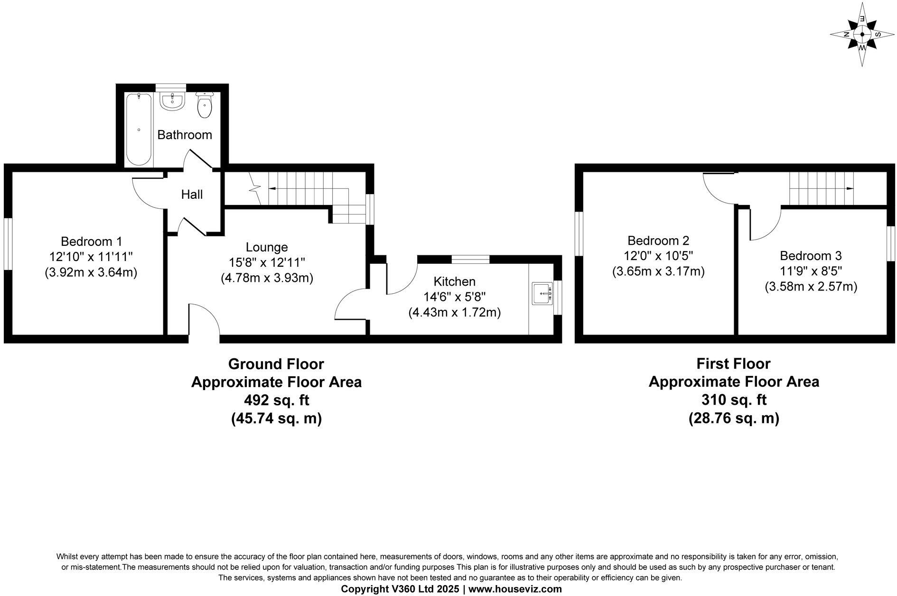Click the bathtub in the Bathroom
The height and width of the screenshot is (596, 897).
[x=139, y=129]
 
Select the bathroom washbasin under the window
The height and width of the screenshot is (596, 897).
[x=171, y=101]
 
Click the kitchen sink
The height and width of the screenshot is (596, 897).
[x=542, y=294]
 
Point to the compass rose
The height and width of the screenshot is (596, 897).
[x=862, y=34]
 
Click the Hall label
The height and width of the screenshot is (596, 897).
[x=192, y=194]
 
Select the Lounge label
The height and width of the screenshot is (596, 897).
[x=267, y=247]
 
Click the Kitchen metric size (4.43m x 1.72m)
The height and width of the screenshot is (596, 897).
[x=454, y=313]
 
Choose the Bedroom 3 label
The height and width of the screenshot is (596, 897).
[x=811, y=256]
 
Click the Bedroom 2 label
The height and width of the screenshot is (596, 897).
[x=658, y=241]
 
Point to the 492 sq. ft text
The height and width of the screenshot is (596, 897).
[x=276, y=400]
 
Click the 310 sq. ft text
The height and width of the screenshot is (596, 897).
[x=734, y=400]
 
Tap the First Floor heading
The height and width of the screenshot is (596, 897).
[x=733, y=363]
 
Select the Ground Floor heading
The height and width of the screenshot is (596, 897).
[x=276, y=364]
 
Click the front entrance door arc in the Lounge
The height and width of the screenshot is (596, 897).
[x=205, y=320]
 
